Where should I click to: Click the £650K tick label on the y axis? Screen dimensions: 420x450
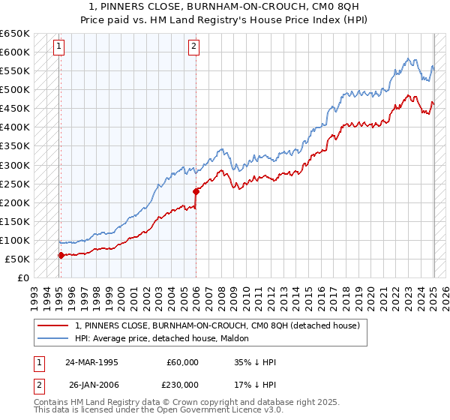(x=15, y=34)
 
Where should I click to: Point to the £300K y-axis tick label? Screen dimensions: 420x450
(x=15, y=165)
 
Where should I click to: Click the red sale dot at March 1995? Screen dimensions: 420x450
(x=61, y=255)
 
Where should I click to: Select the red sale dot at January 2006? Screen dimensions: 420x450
(x=196, y=191)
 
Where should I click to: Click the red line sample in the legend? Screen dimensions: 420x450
(x=53, y=325)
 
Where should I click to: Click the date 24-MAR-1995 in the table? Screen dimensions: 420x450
(x=92, y=362)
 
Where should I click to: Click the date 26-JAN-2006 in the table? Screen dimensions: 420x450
(x=92, y=384)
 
